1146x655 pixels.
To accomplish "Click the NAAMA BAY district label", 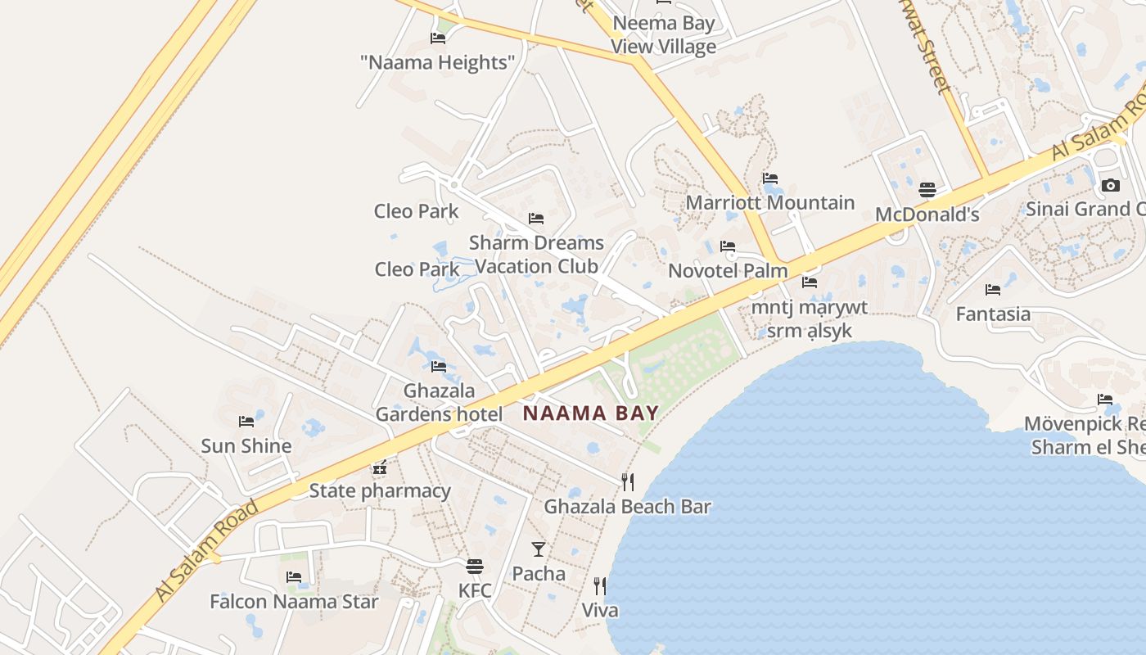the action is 590,413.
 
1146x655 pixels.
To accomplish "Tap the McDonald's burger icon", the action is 927,190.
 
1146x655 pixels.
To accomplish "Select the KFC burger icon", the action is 475,566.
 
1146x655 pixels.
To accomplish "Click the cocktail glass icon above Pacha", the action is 539,549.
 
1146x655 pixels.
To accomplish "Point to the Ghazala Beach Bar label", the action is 627,507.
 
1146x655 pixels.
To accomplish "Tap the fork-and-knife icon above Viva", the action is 600,585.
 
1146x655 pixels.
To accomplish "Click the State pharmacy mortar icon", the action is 380,468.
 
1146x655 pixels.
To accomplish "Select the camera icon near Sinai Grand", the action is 1110,185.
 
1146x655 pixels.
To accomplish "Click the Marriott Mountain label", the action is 770,202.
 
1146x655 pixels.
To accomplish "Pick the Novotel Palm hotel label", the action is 728,270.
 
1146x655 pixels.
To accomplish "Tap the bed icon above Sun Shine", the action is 246,422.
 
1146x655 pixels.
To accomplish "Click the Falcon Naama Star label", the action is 294,602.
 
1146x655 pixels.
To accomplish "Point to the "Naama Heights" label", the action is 437,62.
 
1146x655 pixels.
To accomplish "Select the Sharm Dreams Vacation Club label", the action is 536,254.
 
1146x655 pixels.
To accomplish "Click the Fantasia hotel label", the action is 993,314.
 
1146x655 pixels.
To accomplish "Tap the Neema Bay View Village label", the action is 663,34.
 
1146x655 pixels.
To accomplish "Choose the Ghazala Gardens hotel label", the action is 439,402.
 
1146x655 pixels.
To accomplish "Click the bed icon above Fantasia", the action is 993,289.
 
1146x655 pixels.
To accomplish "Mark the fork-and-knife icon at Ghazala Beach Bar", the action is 628,481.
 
